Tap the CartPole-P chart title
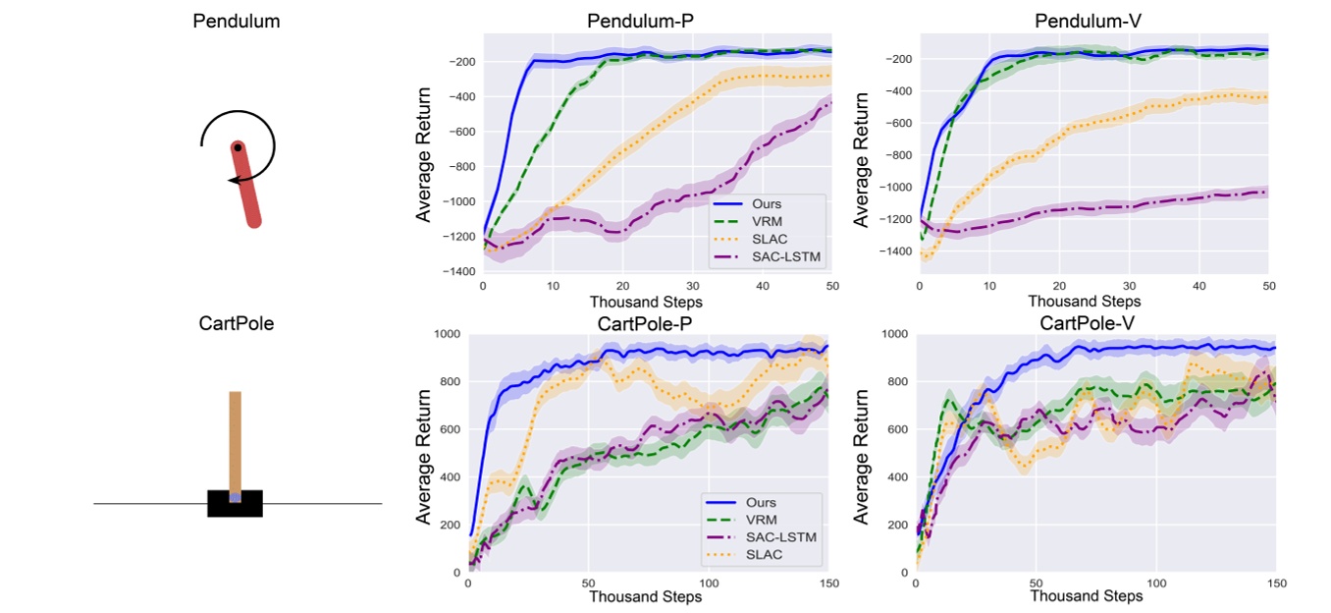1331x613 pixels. pyautogui.click(x=647, y=323)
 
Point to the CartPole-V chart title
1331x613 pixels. pyautogui.click(x=1095, y=323)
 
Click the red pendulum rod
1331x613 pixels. pyautogui.click(x=246, y=187)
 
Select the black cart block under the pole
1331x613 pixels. pyautogui.click(x=235, y=503)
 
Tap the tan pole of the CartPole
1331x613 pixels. pyautogui.click(x=235, y=442)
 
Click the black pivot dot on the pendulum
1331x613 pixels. pyautogui.click(x=238, y=148)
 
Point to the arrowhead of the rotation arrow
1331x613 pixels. pyautogui.click(x=233, y=179)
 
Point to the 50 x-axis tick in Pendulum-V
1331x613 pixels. pyautogui.click(x=1267, y=285)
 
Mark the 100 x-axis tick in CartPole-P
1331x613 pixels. pyautogui.click(x=709, y=584)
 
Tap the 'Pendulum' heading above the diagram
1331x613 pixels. pyautogui.click(x=237, y=21)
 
